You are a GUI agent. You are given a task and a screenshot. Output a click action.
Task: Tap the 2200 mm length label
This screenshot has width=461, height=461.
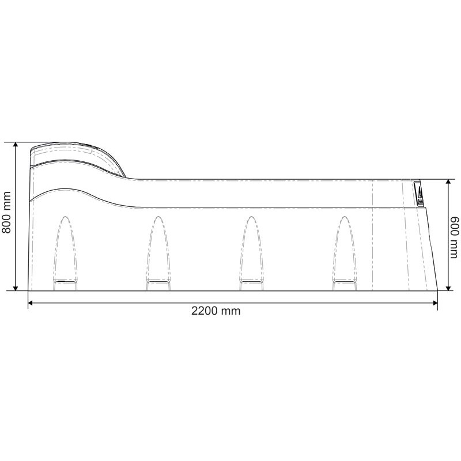tap(216, 311)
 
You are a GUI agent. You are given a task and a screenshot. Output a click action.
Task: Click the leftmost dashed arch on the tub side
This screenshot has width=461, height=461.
tap(65, 248)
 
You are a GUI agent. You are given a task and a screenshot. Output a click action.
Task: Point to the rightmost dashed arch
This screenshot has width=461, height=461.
tap(343, 248)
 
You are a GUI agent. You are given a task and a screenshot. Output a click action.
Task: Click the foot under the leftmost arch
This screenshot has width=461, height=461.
tap(65, 282)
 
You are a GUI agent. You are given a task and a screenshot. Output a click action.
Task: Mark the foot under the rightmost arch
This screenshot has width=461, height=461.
tap(343, 282)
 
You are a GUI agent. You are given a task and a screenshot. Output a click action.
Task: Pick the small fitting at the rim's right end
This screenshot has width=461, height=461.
tap(419, 194)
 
